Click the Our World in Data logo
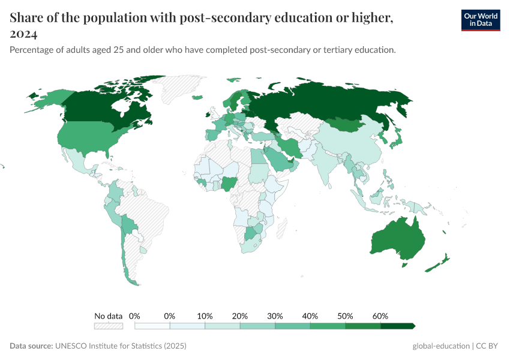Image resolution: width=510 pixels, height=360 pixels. (480, 20)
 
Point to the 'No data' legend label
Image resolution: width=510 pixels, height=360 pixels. (108, 316)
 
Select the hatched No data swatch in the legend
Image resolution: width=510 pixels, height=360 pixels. (108, 326)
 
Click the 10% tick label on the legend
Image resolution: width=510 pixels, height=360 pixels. (205, 316)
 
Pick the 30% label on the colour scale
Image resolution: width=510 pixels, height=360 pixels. (275, 316)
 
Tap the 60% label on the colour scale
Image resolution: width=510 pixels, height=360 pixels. (380, 316)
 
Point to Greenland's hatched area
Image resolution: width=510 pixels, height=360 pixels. (180, 90)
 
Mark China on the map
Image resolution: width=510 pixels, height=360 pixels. (348, 144)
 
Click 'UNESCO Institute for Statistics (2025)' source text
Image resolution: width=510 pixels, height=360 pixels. (121, 346)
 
